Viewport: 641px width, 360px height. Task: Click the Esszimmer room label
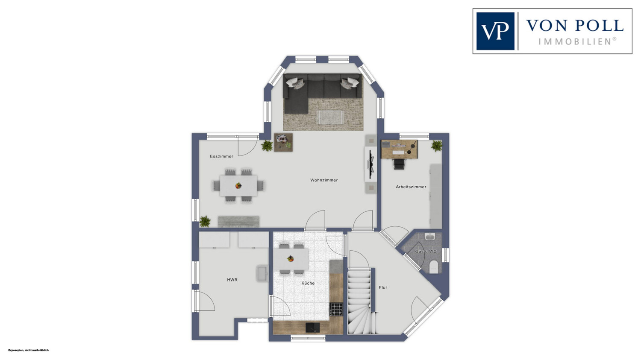[x=221, y=156]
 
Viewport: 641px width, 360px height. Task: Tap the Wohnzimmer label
[x=324, y=180]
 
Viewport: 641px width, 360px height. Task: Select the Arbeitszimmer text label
[x=411, y=187]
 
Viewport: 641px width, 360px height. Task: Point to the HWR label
[x=232, y=280]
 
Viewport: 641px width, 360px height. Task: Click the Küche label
[x=308, y=283]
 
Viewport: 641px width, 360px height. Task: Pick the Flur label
[x=383, y=287]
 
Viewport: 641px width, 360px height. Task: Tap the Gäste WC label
[x=426, y=252]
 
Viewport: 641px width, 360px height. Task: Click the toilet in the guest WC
[x=434, y=267]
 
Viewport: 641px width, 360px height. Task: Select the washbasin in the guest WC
[x=429, y=237]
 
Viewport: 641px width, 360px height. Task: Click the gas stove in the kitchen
[x=336, y=309]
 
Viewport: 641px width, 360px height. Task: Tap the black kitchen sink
[x=312, y=328]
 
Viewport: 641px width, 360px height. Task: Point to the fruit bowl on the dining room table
[x=238, y=186]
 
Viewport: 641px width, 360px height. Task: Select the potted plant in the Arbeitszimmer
[x=437, y=146]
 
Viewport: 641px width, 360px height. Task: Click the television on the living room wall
[x=371, y=165]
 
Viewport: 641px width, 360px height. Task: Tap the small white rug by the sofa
[x=330, y=117]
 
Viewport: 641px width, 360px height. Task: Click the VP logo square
[x=495, y=31]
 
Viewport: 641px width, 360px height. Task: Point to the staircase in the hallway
[x=360, y=301]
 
